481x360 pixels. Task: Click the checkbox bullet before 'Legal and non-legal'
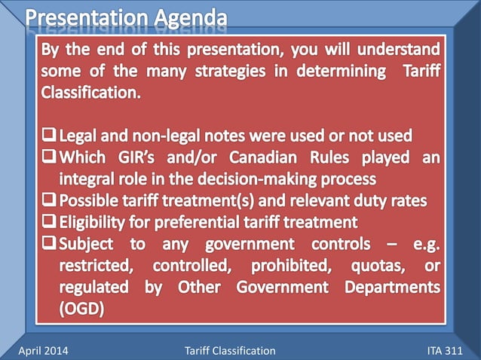pyautogui.click(x=50, y=136)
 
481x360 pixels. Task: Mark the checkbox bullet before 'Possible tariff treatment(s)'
pyautogui.click(x=50, y=200)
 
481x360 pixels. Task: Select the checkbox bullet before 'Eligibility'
pyautogui.click(x=50, y=222)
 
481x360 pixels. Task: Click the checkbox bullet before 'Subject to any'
pyautogui.click(x=50, y=244)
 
